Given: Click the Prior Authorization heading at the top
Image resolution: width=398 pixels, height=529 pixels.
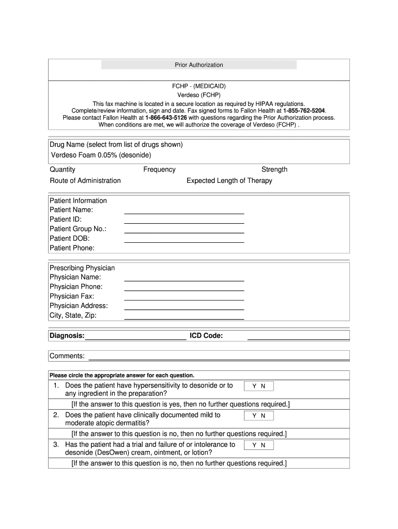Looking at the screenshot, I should [199, 65].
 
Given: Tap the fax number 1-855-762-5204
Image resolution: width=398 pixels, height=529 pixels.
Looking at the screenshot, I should [304, 111].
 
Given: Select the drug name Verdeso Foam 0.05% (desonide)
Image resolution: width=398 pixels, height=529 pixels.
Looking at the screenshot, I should [101, 155].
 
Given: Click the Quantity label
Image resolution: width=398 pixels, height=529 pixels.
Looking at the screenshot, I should [63, 169].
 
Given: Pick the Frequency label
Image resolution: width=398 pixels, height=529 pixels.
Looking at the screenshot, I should [159, 169].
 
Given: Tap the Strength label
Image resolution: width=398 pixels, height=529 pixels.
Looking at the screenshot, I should [274, 169].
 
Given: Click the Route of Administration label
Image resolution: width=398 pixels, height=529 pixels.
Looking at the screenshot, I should [85, 181].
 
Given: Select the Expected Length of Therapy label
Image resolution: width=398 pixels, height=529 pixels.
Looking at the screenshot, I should [229, 181].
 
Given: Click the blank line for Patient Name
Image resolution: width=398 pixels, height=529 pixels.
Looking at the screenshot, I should [184, 212].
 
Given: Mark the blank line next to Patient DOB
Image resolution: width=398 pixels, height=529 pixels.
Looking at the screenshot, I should [184, 241].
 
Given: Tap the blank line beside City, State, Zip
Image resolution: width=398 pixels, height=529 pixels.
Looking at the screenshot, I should [184, 318].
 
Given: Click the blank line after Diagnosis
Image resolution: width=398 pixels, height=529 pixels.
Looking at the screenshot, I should [135, 339].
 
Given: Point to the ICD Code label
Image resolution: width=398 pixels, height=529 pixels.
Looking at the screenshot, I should [206, 336].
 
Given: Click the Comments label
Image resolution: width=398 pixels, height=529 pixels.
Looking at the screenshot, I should [67, 356].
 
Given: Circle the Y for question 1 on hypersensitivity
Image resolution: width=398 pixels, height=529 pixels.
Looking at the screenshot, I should [254, 386].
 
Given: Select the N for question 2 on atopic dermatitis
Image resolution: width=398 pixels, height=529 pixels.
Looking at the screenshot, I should [263, 415].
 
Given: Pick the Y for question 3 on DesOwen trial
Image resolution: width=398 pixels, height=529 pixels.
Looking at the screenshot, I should [254, 445].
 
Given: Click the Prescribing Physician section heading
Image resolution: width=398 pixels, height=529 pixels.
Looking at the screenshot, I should [82, 268].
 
